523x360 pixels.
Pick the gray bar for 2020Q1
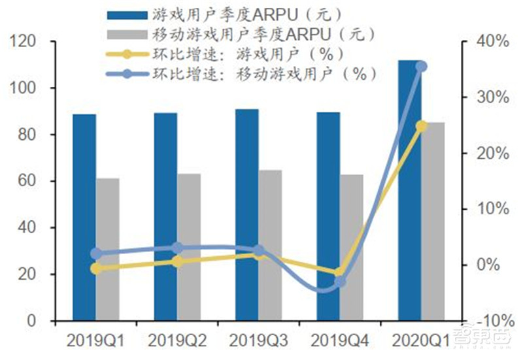[x=433, y=221]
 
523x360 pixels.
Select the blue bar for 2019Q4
[x=328, y=216]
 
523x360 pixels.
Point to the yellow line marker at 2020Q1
[x=421, y=126]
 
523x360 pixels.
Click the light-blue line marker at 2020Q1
[x=421, y=67]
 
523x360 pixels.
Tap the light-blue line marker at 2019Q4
[x=340, y=282]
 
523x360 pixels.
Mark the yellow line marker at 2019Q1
[x=97, y=268]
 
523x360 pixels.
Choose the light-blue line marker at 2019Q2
[x=178, y=248]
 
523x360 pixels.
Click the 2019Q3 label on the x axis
[x=257, y=340]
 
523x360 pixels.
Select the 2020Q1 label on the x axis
[x=420, y=340]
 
